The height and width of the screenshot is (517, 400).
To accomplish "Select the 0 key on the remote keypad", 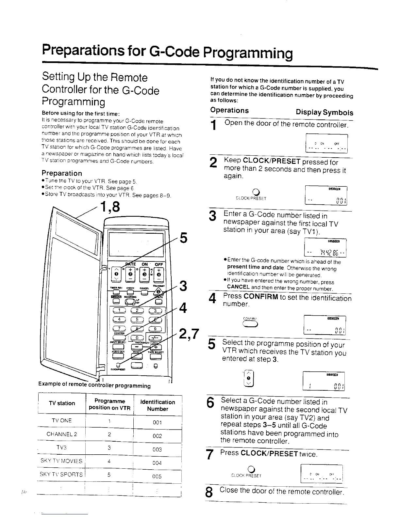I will (138, 338).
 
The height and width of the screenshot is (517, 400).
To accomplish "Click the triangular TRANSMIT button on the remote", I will (158, 292).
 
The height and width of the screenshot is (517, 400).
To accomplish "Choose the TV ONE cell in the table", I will (61, 420).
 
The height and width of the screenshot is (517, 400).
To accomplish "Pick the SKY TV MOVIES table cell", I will (61, 461).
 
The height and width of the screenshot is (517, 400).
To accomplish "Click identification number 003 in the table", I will (157, 449).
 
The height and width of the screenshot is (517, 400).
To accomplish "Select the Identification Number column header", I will (158, 405).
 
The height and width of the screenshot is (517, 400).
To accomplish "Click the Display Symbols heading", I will (324, 113).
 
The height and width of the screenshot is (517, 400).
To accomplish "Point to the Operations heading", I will (229, 110).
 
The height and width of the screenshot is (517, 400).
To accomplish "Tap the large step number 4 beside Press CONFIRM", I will (213, 299).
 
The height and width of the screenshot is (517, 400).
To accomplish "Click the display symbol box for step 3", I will (325, 248).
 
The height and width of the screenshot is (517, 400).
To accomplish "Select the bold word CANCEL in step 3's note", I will (238, 287).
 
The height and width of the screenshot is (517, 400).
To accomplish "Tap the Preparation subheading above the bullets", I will (62, 173).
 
